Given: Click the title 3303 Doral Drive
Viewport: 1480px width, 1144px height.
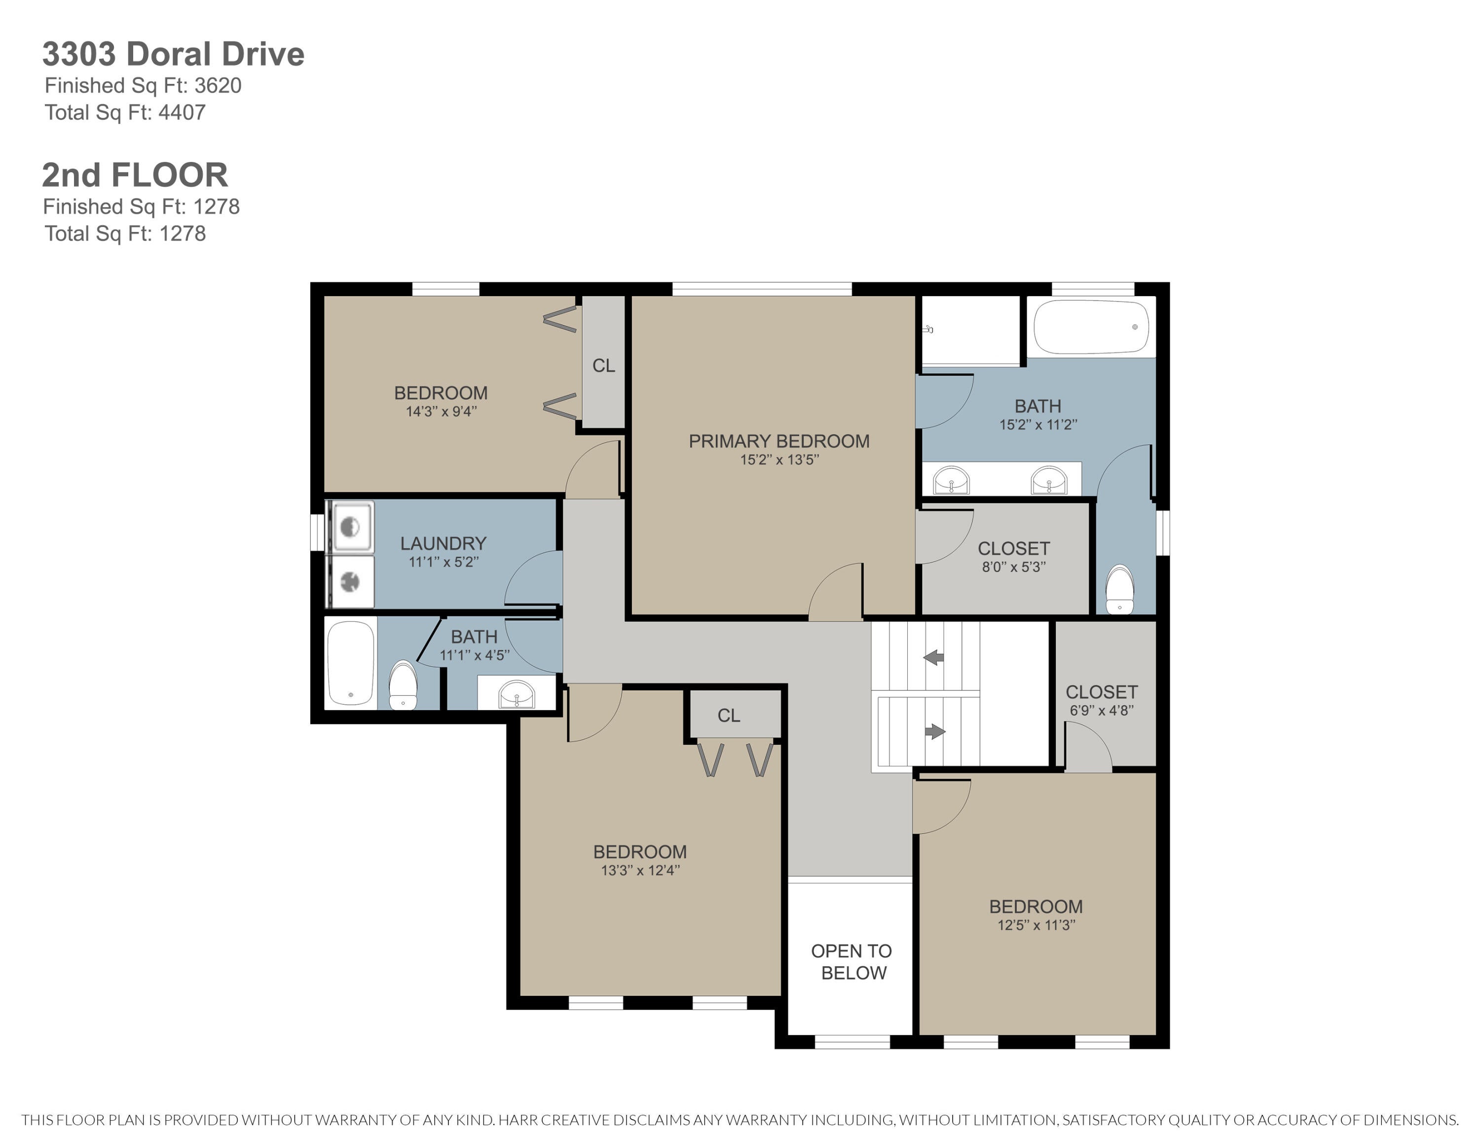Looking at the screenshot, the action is click(x=174, y=54).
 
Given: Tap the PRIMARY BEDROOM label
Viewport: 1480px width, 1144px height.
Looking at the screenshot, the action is click(x=779, y=441).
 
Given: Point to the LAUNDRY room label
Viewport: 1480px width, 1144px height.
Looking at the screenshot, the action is click(x=443, y=543).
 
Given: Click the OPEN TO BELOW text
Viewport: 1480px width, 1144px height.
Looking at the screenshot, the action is click(x=852, y=962).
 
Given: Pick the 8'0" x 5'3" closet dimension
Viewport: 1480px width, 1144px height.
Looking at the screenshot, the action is click(x=1014, y=567).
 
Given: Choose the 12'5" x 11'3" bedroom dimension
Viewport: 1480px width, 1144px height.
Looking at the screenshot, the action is click(x=1036, y=925).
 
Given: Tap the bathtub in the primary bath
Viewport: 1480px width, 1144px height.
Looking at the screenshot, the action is click(x=1091, y=327).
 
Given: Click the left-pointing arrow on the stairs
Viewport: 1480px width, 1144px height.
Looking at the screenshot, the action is click(x=934, y=657).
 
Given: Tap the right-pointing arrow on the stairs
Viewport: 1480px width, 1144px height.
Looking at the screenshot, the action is click(x=935, y=731).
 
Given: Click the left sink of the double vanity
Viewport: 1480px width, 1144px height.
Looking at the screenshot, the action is click(x=952, y=481).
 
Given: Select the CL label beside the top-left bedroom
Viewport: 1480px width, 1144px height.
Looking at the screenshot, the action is click(x=604, y=366).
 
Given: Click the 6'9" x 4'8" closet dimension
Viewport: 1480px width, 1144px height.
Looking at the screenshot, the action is click(x=1102, y=710).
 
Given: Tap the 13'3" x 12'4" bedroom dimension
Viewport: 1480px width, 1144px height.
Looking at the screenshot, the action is click(x=640, y=870).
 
